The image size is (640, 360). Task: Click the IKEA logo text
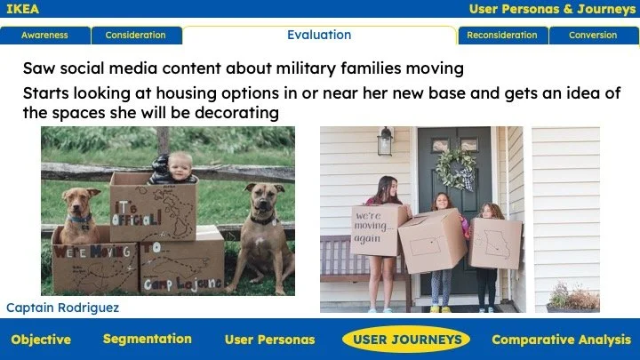pos(23,9)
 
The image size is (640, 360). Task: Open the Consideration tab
pos(135,36)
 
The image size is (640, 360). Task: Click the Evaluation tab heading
pos(319,36)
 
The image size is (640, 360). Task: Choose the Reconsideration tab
pos(502,36)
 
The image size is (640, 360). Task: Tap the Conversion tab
pos(593,36)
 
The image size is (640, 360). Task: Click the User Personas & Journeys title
pos(551,9)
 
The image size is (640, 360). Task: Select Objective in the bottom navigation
pos(41,340)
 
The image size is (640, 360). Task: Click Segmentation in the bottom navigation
pos(147,339)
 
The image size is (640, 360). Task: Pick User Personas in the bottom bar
pos(269,340)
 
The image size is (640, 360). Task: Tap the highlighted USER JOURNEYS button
pos(407,340)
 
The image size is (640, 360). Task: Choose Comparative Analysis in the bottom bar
pos(561,340)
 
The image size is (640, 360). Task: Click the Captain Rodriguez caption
pos(62,308)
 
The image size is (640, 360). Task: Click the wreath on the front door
pos(455,168)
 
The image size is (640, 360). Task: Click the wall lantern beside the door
pos(385,141)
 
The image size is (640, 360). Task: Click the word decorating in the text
pos(237,114)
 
